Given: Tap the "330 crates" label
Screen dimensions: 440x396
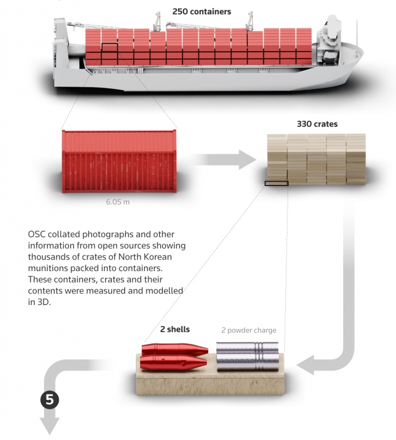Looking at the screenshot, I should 317,123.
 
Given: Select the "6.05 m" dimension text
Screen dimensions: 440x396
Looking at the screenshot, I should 118,202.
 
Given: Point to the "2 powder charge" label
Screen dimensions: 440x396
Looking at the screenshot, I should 249,330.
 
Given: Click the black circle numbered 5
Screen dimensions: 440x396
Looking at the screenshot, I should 49,400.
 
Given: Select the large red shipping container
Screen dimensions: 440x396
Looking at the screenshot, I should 119,161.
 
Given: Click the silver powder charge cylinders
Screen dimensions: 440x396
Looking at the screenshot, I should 248,356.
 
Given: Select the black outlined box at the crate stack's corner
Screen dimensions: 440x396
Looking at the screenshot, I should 276,184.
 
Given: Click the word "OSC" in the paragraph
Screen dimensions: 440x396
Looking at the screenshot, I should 37,235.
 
